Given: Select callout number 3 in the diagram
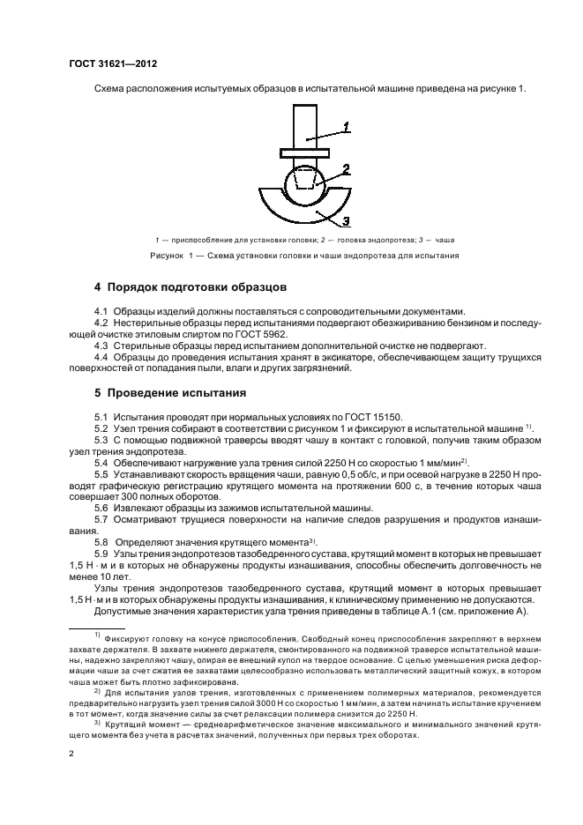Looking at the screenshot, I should tap(347, 220).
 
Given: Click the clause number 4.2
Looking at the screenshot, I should tap(101, 323).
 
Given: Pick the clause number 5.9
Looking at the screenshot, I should tap(101, 553).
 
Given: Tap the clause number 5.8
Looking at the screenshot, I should tap(101, 541).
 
